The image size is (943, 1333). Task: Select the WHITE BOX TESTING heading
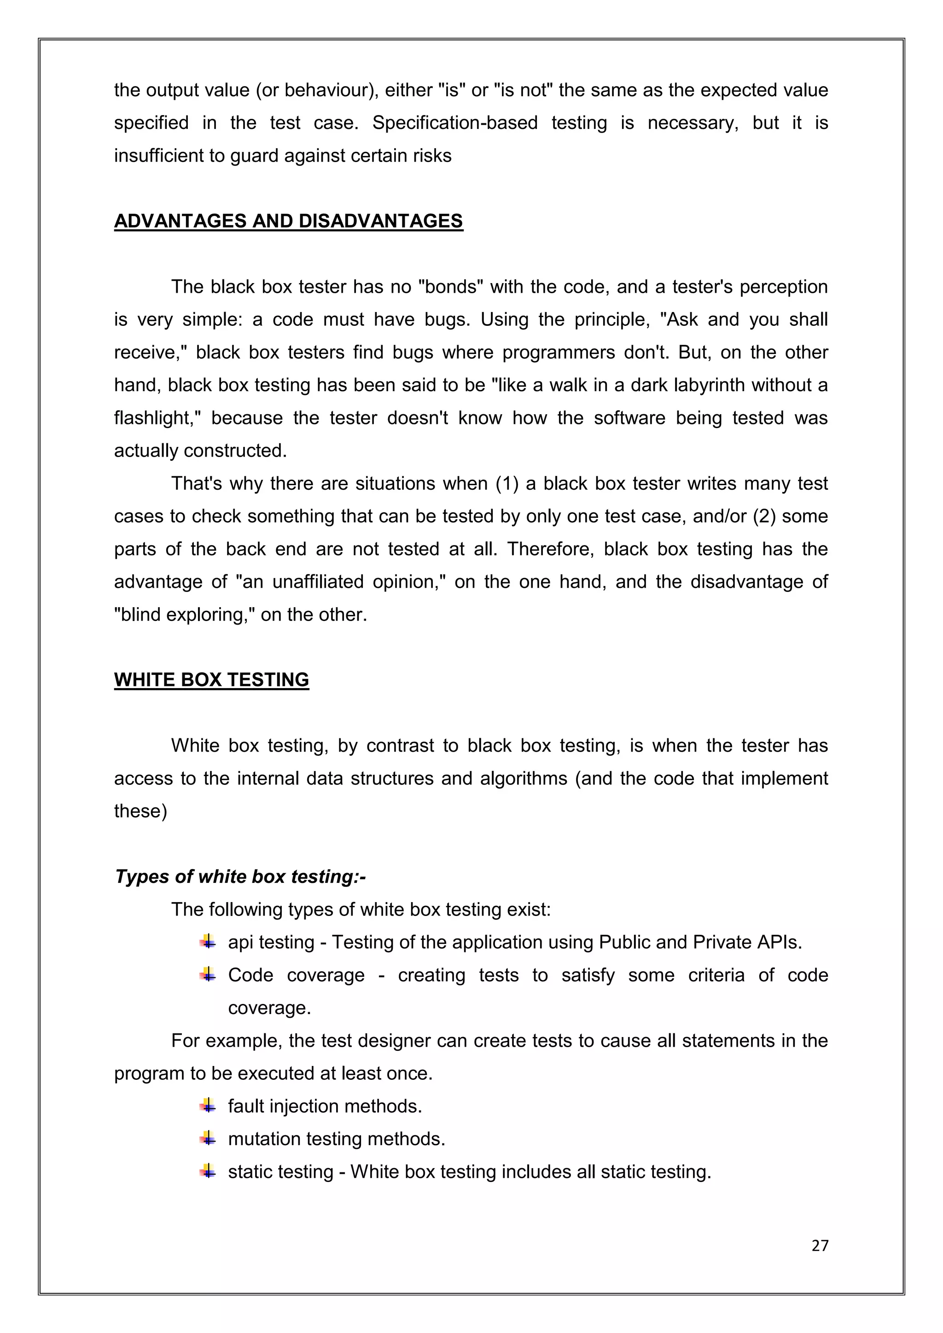pos(211,680)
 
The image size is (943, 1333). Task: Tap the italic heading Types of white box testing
pos(240,877)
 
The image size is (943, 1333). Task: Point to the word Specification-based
pos(454,123)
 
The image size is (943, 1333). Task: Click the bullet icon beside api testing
pos(208,942)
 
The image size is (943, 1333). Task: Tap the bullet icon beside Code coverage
pos(208,975)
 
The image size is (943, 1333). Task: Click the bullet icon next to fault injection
pos(208,1106)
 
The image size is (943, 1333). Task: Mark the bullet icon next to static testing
pos(208,1171)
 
